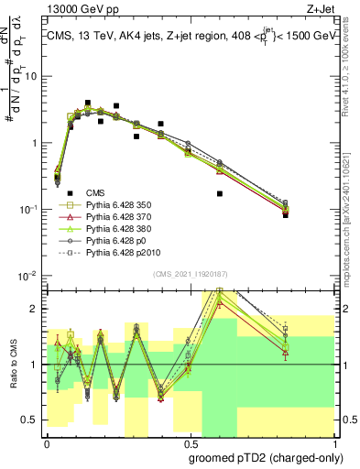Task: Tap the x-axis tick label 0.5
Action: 188,441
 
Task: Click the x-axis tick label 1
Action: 332,441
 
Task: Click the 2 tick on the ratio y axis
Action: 36,309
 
